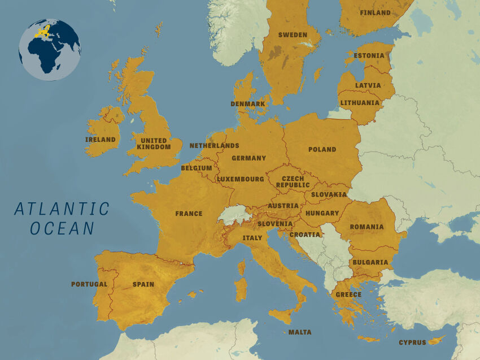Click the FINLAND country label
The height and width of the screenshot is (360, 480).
(375, 12)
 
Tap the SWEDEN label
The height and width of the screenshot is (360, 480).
(293, 35)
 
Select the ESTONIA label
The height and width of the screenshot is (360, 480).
(369, 56)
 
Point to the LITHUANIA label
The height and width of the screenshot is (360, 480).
(360, 103)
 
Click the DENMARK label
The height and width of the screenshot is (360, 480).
(247, 104)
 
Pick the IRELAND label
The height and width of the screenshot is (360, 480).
(101, 140)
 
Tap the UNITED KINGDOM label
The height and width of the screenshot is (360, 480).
(154, 144)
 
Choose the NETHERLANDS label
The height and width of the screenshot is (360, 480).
(214, 146)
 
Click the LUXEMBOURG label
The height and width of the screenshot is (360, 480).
(241, 179)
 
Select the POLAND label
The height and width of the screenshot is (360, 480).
(322, 150)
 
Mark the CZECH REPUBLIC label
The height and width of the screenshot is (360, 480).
(293, 181)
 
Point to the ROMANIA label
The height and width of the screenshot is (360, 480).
(366, 227)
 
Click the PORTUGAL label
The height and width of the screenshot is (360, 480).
(89, 284)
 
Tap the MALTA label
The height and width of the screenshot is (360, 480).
(299, 332)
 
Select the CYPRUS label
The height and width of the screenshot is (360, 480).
(412, 342)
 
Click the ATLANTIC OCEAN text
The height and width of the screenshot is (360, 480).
(62, 218)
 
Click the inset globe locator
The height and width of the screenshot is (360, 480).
(50, 50)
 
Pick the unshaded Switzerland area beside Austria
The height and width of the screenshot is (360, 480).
(234, 215)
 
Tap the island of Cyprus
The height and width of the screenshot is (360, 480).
(436, 340)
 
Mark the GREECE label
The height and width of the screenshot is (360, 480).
(348, 295)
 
